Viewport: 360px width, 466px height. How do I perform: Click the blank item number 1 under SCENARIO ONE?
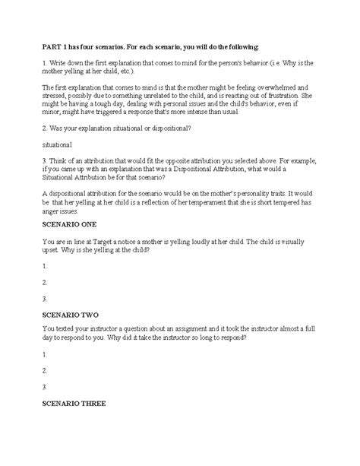point(45,266)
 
